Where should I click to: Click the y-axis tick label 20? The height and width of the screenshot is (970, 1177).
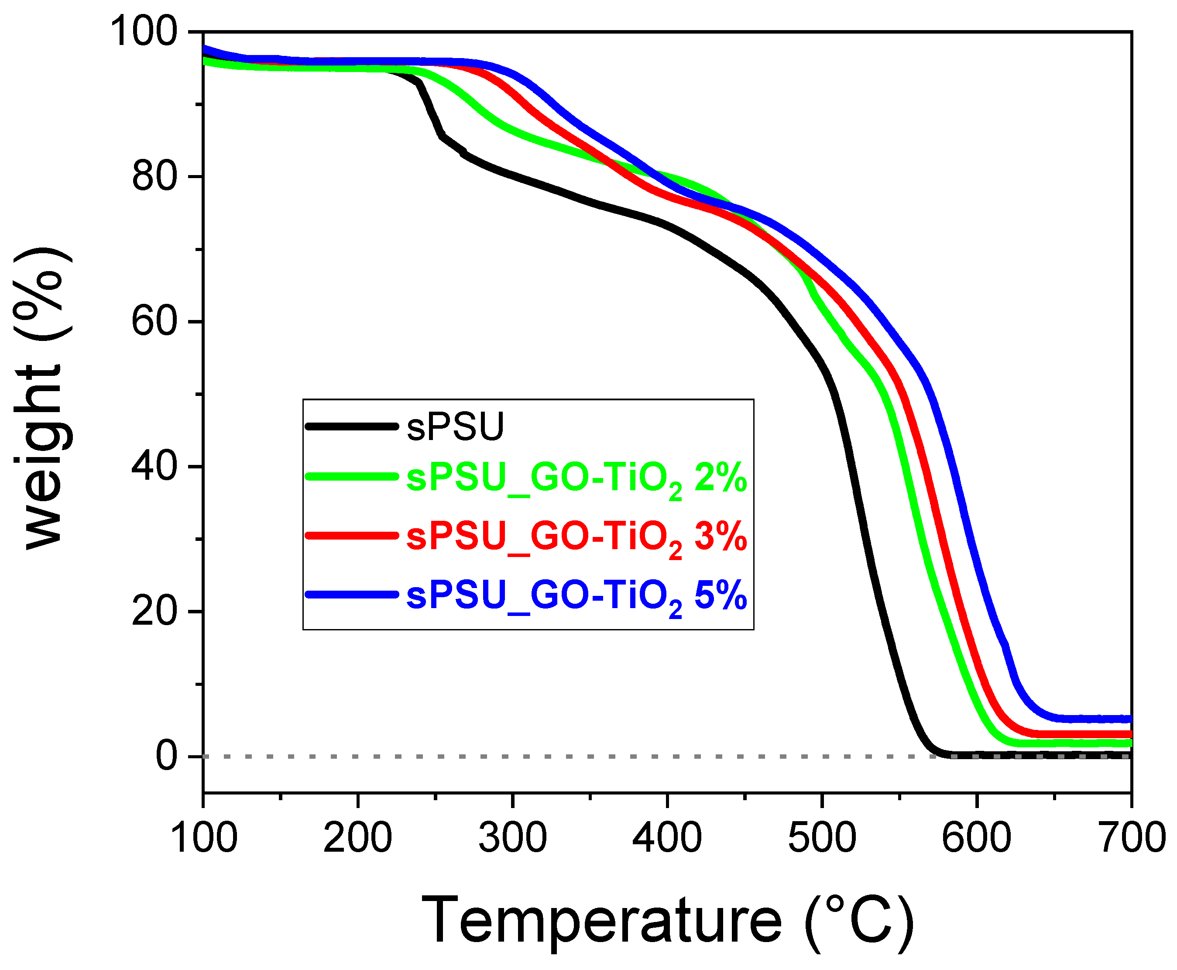[x=155, y=611]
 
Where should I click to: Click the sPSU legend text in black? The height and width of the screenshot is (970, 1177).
[x=455, y=427]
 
